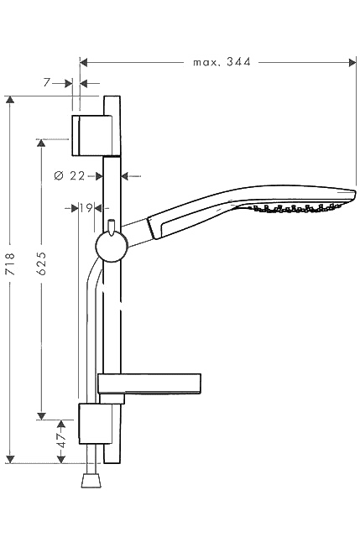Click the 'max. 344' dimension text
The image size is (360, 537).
222,62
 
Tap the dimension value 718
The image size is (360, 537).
11,263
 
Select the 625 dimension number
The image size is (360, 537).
41,263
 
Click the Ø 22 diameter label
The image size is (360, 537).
69,176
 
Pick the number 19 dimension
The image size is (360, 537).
86,207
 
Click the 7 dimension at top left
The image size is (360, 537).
47,82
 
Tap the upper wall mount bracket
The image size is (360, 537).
91,136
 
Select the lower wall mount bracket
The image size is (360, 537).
95,424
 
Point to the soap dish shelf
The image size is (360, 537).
149,383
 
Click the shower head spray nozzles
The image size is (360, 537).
295,207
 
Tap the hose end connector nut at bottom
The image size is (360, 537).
91,480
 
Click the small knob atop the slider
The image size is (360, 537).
112,227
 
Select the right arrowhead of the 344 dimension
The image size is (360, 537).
352,62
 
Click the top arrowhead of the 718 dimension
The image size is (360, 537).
11,100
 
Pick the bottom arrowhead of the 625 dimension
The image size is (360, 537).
41,416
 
